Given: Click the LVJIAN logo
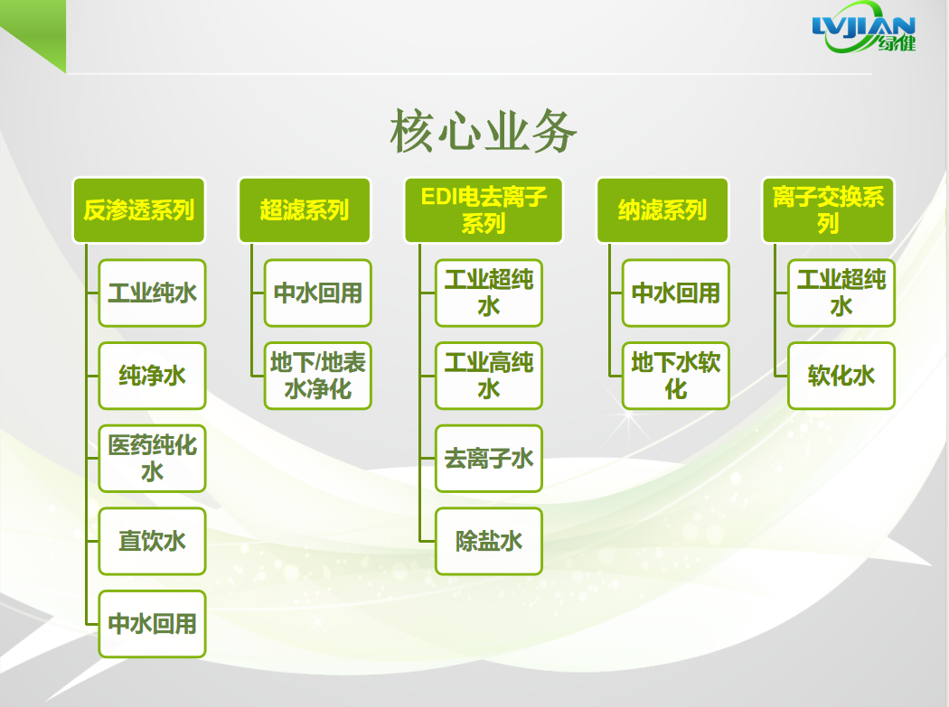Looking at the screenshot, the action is tap(864, 28).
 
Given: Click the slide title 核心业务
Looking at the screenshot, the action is tap(483, 131).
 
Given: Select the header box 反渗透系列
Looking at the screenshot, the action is tap(138, 209).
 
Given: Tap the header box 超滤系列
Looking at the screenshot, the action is tap(305, 209).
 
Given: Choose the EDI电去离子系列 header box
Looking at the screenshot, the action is tap(484, 209).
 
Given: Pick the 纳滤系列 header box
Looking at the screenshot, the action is tap(662, 209).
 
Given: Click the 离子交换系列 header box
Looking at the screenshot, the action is tap(828, 209).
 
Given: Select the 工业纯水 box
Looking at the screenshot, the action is tap(153, 293).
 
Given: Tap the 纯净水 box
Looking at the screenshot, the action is tap(153, 376).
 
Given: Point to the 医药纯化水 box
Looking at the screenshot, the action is tap(153, 459).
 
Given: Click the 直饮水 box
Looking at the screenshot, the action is tap(153, 541).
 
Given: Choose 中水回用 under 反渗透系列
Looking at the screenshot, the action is tap(153, 624).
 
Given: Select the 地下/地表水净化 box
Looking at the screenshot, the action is tap(318, 376).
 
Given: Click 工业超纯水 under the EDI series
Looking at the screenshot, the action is tap(489, 293).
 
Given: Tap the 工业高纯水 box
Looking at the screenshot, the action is tap(489, 376).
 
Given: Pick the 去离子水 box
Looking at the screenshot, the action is tap(489, 459).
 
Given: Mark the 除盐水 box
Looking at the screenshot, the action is tap(489, 541).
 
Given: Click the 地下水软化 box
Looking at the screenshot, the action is tap(676, 376).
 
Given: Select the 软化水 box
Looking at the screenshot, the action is tap(841, 376).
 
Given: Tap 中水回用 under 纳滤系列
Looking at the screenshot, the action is tap(676, 293).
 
